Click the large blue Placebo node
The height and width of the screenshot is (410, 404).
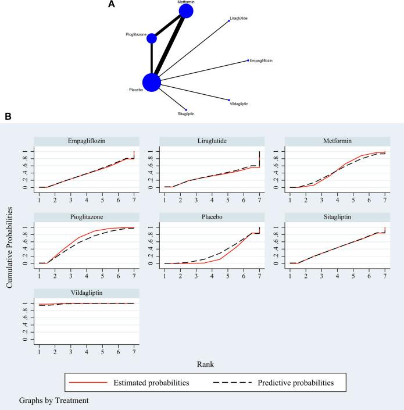[x=152, y=83]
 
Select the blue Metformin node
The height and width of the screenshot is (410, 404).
[x=186, y=12]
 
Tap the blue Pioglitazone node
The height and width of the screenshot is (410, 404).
[x=152, y=38]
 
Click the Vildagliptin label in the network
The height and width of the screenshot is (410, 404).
[x=239, y=104]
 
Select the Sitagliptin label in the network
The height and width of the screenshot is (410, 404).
[x=186, y=114]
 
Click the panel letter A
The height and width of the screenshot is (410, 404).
[x=112, y=5]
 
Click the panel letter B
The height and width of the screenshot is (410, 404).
[x=8, y=117]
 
